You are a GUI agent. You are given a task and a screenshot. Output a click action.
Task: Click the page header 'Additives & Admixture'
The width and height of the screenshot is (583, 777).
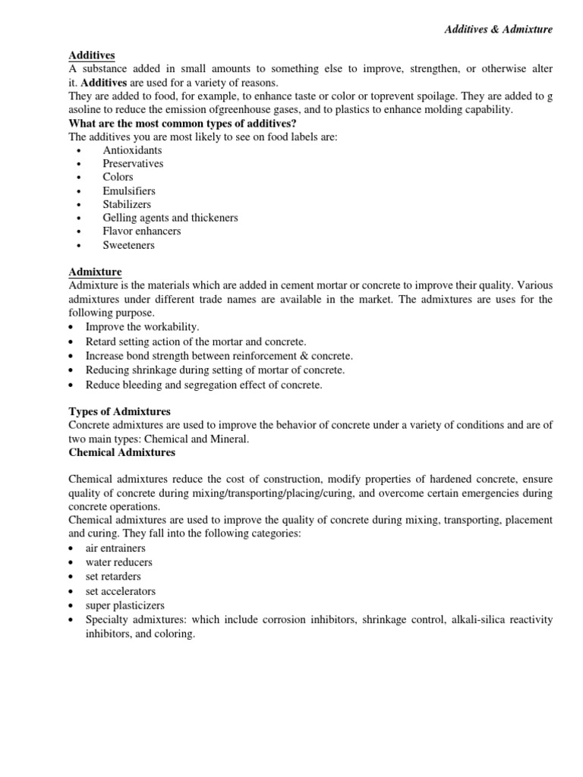(x=498, y=29)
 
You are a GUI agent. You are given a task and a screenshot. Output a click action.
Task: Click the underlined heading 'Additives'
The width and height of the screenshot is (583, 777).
(x=92, y=55)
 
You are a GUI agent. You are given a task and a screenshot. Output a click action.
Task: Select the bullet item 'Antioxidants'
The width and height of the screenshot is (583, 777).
(x=132, y=150)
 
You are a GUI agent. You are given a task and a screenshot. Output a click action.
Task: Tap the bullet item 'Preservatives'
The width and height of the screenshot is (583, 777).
(x=133, y=164)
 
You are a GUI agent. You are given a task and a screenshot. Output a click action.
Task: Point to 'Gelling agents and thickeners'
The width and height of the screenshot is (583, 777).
(x=170, y=218)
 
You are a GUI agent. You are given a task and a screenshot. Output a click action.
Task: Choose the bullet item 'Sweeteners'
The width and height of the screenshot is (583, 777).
(x=128, y=245)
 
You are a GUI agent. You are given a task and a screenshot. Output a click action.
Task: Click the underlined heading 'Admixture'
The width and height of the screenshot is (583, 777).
(x=95, y=272)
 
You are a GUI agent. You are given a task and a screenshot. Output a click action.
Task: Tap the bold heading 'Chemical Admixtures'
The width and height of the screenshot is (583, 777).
(x=121, y=452)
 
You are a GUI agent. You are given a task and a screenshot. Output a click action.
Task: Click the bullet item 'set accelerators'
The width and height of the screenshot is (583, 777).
(x=120, y=591)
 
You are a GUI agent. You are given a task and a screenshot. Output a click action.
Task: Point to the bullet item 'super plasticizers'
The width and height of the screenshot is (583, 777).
(x=124, y=606)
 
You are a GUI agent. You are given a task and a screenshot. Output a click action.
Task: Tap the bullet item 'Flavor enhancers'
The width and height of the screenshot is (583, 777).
(x=142, y=231)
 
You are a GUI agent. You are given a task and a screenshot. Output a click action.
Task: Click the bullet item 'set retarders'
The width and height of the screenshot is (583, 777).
(x=113, y=577)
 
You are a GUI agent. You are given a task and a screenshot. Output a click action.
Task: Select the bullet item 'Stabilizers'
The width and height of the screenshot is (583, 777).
(x=127, y=205)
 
